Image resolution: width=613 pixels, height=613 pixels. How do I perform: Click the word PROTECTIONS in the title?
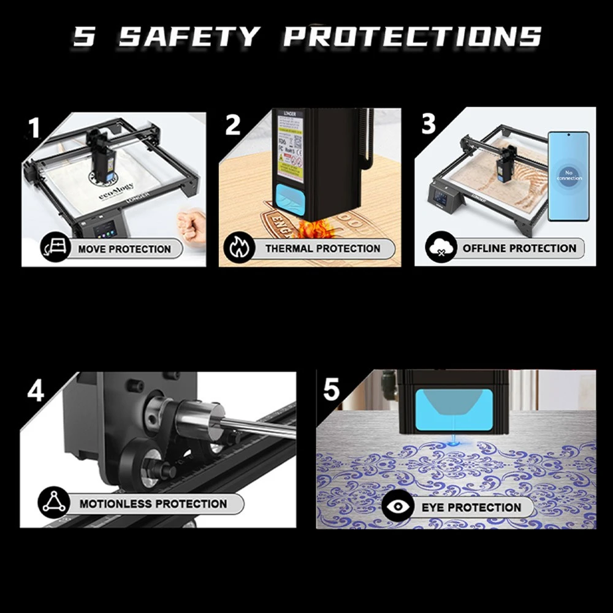point(413,37)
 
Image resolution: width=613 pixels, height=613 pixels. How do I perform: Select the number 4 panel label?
point(36,390)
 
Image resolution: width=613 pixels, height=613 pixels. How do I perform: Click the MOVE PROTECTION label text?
point(124,249)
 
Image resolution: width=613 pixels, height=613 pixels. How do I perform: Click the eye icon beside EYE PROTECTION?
point(398,507)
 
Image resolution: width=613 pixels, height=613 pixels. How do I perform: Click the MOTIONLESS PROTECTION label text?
point(153,504)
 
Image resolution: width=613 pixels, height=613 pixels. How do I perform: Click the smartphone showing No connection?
point(568,176)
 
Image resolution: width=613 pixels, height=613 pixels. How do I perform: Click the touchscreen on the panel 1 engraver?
point(105,231)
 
